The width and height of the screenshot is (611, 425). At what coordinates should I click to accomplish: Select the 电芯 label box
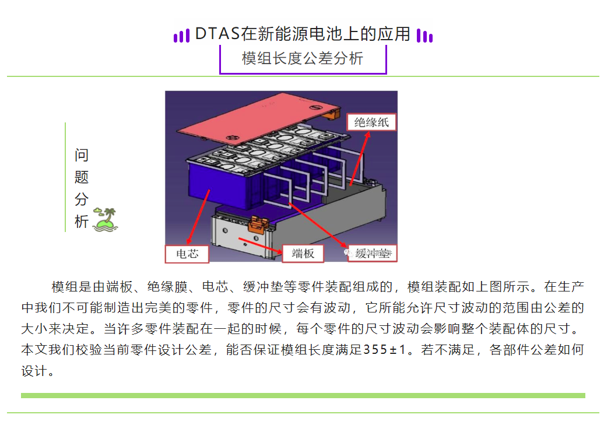click(x=187, y=253)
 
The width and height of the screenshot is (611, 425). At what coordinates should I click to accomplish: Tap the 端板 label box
click(x=303, y=253)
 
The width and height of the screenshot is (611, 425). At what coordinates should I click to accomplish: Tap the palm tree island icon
click(x=106, y=219)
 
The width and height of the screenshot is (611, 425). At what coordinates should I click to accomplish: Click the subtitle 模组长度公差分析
click(x=303, y=58)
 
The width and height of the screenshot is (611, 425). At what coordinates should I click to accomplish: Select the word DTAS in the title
click(x=217, y=34)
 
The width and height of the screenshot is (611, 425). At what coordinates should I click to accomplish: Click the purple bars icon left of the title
click(x=182, y=36)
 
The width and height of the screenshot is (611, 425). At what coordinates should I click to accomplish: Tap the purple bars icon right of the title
click(x=425, y=36)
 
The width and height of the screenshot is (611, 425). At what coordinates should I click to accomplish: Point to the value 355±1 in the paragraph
click(x=388, y=350)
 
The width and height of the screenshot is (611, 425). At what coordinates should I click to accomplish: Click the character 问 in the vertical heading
click(x=82, y=155)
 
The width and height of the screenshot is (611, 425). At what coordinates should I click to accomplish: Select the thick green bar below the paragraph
click(x=303, y=395)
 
